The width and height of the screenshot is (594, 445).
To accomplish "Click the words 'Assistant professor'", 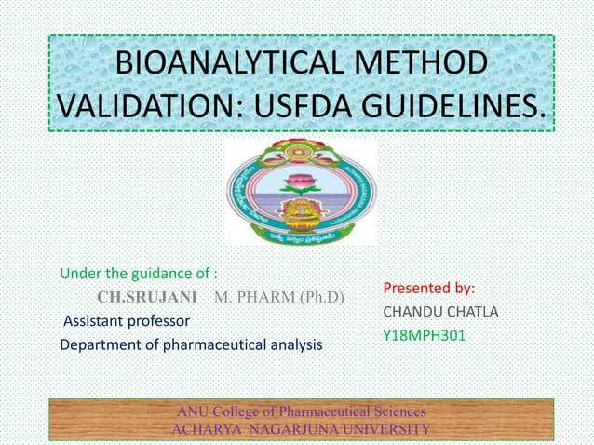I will tap(126, 321).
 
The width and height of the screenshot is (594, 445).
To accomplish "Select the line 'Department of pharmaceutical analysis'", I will tap(191, 344).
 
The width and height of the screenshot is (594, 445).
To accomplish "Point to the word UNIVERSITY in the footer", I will tap(385, 428).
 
